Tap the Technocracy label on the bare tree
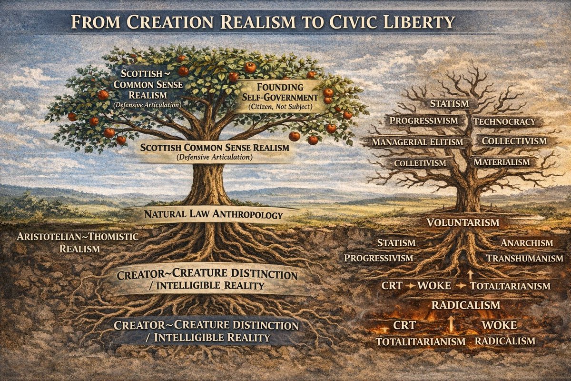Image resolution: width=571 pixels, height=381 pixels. tap(504, 121)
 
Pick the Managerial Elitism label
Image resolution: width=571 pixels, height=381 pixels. tap(417, 142)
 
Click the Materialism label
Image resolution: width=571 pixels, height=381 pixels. tap(502, 162)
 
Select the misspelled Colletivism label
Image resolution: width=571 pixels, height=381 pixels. tap(420, 163)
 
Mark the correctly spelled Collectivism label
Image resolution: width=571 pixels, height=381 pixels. tap(514, 141)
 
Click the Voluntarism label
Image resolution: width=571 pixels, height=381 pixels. tap(463, 222)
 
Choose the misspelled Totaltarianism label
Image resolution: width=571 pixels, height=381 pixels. tap(510, 286)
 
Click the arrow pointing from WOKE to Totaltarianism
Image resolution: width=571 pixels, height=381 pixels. tap(460, 286)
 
